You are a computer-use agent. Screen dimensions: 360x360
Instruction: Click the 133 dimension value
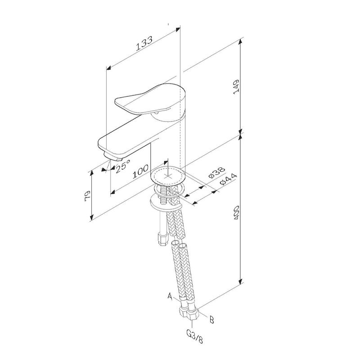(144, 43)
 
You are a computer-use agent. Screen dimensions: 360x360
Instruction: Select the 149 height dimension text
(236, 86)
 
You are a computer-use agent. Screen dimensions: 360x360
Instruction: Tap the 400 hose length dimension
(236, 212)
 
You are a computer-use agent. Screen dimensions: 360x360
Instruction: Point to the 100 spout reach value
(140, 171)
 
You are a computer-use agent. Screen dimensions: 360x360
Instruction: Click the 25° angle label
(123, 166)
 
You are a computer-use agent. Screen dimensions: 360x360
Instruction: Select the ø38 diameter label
(217, 172)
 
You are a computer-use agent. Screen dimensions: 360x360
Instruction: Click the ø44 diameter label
(228, 179)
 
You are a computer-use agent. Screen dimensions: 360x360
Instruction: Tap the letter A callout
(170, 296)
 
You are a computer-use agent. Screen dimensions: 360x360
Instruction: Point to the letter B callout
(211, 319)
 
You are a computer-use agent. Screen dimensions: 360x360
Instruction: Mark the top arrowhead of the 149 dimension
(240, 42)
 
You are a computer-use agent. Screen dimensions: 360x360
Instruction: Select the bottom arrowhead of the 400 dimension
(240, 281)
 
